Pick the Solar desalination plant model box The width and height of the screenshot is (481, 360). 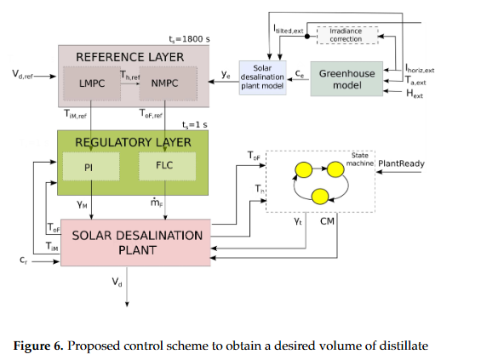click(x=264, y=75)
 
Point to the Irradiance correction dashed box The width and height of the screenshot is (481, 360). click(x=346, y=35)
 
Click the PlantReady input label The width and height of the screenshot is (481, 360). click(x=402, y=163)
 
